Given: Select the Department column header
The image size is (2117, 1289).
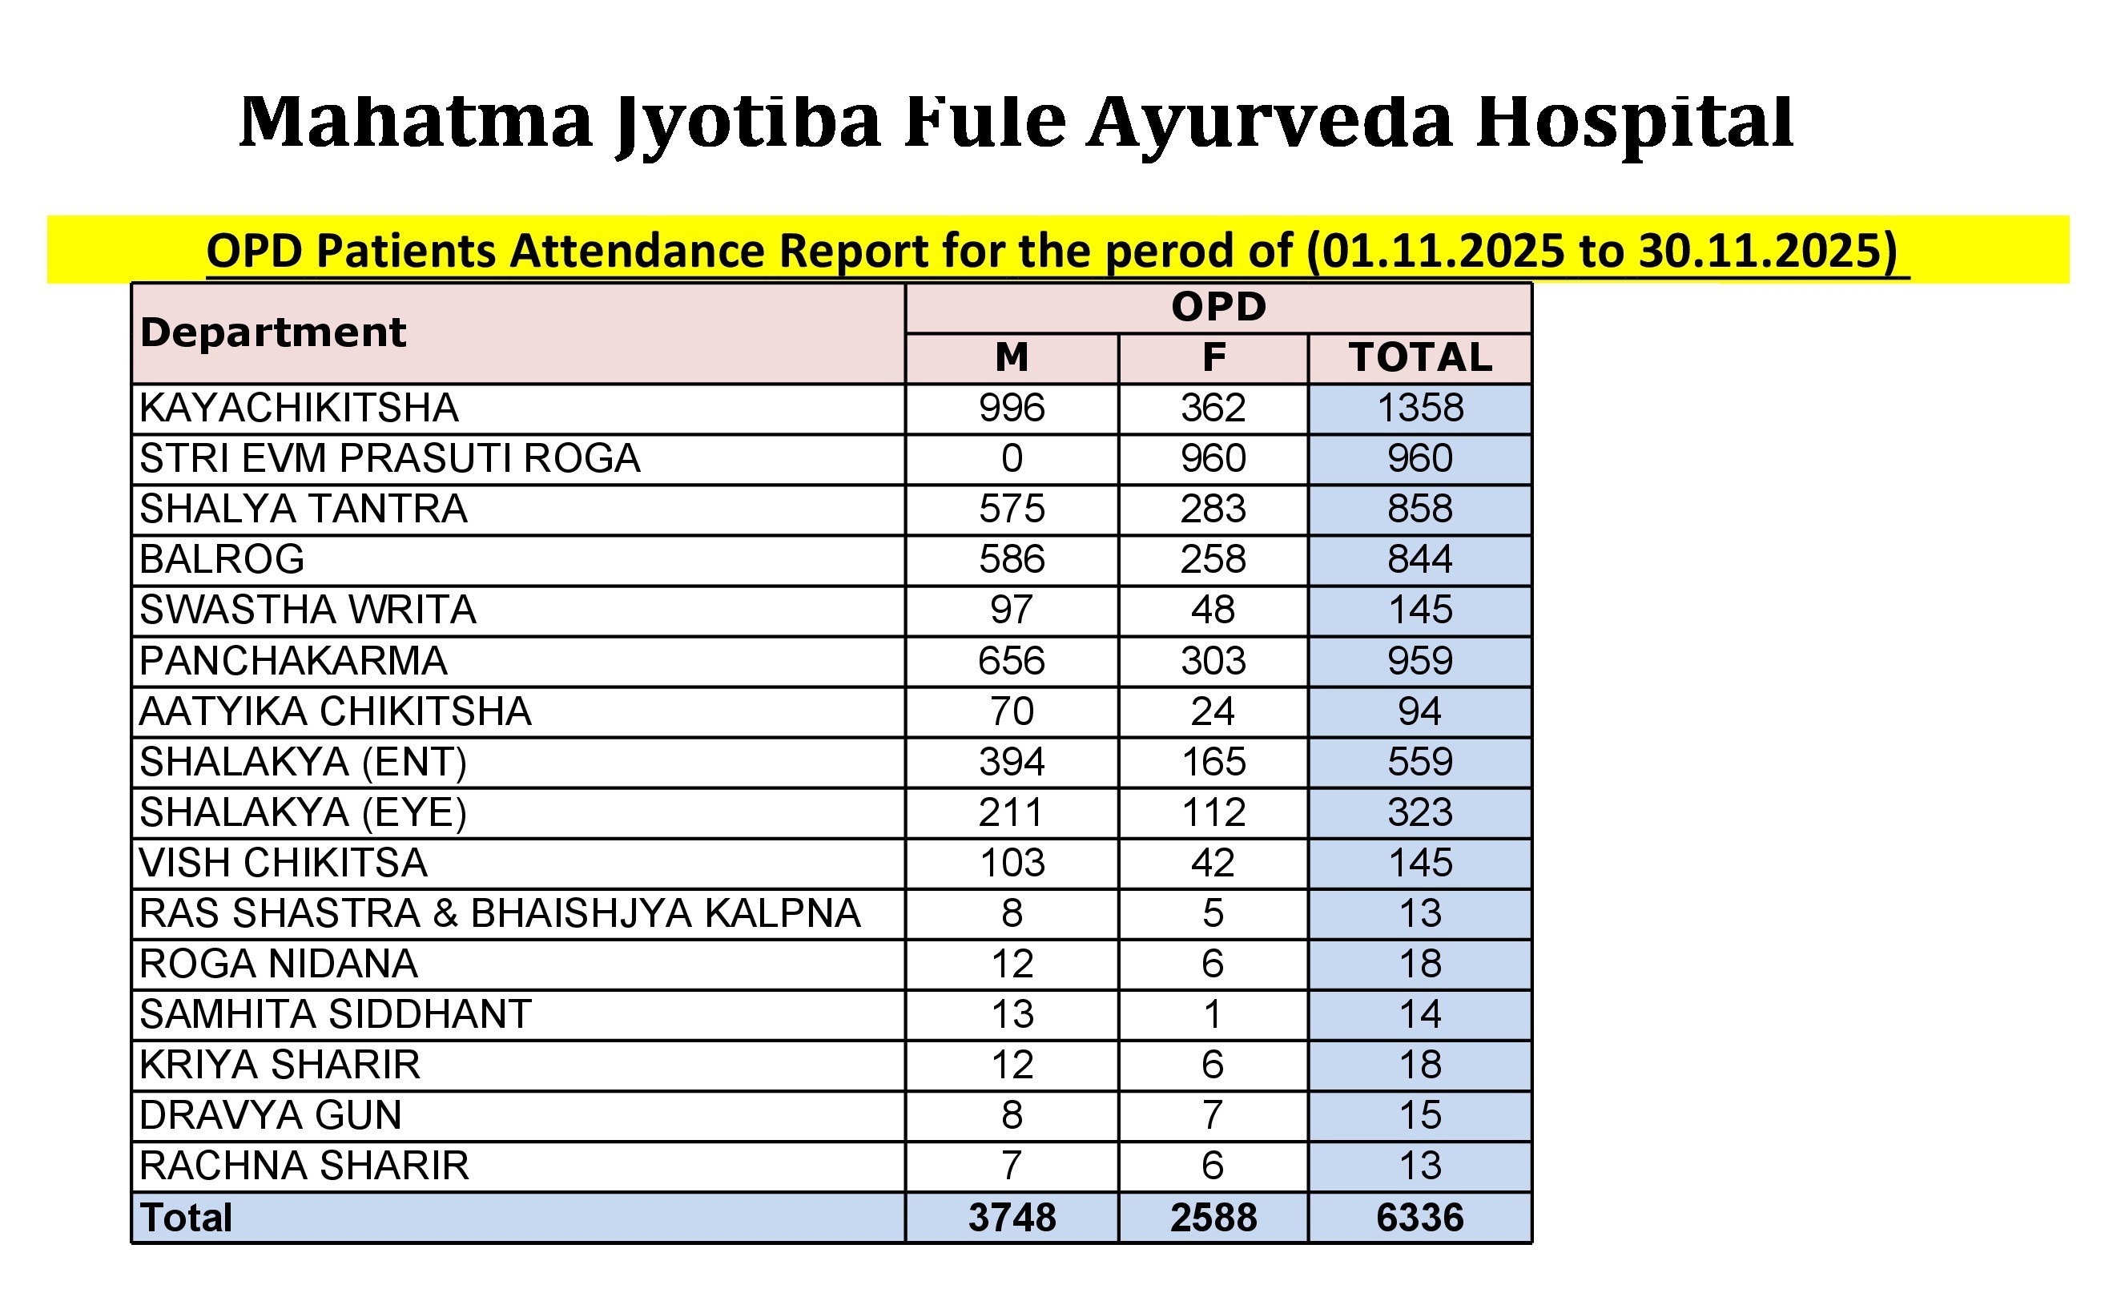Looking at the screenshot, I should (272, 332).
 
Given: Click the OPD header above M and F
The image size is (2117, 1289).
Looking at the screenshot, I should (1218, 308).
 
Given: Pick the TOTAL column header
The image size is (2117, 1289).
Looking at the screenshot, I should (1420, 357).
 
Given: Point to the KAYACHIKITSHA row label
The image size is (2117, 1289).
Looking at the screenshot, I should (299, 409).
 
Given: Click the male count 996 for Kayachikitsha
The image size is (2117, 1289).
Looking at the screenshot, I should (1012, 409).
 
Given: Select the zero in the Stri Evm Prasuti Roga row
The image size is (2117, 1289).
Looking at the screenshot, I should (1012, 459).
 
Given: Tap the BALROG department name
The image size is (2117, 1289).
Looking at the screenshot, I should (222, 560).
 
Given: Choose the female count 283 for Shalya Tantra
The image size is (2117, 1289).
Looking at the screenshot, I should (1213, 510).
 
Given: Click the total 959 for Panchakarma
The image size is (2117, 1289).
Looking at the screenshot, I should (1420, 662).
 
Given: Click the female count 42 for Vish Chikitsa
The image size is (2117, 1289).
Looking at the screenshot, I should (1213, 864).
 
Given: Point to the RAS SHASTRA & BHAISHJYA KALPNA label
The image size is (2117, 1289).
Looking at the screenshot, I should (500, 914).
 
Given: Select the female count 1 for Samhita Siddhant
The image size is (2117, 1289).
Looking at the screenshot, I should (1213, 1016).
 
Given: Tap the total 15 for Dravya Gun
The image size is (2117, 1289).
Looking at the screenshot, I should (1420, 1116).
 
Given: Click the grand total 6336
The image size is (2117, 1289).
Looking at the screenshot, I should (1420, 1219).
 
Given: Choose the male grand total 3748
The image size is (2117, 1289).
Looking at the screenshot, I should (1012, 1219).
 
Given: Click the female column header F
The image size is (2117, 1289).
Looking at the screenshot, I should (1213, 357).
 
